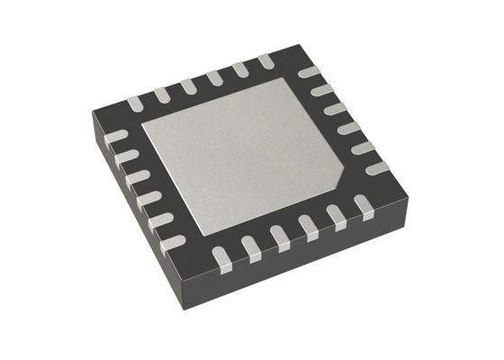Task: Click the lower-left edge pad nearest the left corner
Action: coord(116,137)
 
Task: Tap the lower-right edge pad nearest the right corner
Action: coord(364,204)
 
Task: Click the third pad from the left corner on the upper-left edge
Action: coord(187,85)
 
